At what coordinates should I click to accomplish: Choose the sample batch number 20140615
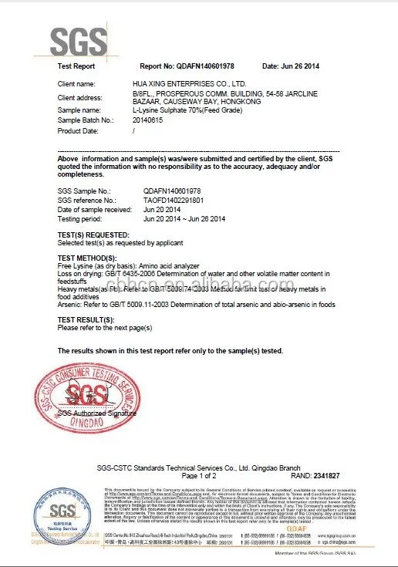[148, 121]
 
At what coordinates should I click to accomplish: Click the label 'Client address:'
[80, 98]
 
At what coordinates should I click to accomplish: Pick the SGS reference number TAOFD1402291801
[174, 200]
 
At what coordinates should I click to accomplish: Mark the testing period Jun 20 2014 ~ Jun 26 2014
[184, 219]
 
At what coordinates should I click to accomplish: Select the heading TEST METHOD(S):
[87, 257]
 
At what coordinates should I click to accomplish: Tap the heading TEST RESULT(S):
[87, 319]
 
